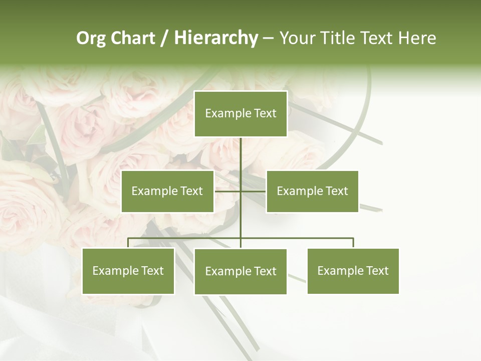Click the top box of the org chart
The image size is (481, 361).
[241, 114]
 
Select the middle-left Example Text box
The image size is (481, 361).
[167, 191]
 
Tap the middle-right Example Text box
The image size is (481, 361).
[312, 191]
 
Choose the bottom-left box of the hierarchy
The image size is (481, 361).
[128, 271]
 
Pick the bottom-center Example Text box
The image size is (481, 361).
[241, 272]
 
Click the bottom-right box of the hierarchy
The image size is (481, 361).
[353, 271]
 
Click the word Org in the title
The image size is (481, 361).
[91, 38]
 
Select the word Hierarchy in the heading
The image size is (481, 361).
[215, 38]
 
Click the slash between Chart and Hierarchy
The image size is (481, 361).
[164, 38]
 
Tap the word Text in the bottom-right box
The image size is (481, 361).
[377, 271]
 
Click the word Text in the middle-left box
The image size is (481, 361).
[191, 191]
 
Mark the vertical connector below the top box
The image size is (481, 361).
[241, 155]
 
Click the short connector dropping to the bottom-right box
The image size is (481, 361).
[353, 243]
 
